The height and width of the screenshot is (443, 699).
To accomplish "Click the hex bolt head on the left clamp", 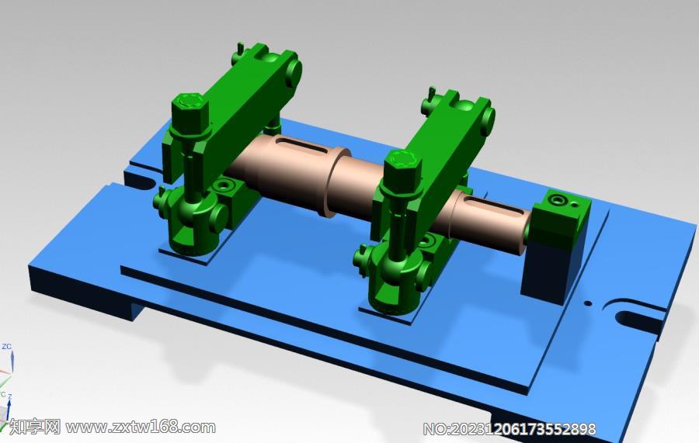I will pos(190,103).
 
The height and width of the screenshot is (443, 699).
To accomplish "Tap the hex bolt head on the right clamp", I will pos(402,161).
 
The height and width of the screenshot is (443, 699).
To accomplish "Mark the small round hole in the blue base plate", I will pos(587,303).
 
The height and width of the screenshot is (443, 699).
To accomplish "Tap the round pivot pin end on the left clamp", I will pos(294,71).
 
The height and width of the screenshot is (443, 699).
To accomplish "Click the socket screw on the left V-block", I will pos(225,187).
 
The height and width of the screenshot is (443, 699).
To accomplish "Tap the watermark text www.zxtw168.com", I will pos(141,427).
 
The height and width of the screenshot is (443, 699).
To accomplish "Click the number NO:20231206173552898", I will pos(509,428).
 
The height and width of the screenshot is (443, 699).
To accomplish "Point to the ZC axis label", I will pos(6,346).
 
